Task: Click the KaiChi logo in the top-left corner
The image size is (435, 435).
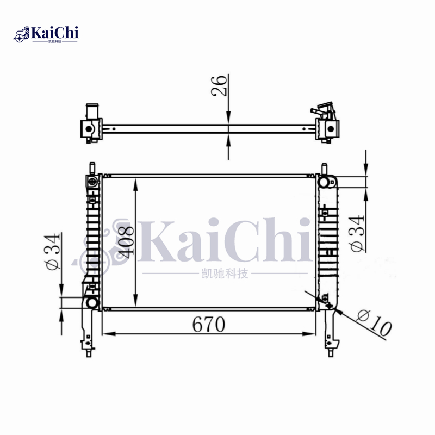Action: [47, 34]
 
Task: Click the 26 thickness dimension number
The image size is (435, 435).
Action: [219, 85]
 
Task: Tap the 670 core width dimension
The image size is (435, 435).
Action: [208, 325]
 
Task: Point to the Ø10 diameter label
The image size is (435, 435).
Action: [374, 322]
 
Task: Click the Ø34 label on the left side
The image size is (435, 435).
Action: [53, 251]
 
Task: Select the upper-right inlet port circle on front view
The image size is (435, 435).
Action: [324, 182]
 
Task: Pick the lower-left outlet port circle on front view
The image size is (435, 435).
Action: [92, 302]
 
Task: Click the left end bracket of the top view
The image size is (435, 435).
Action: [91, 128]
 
